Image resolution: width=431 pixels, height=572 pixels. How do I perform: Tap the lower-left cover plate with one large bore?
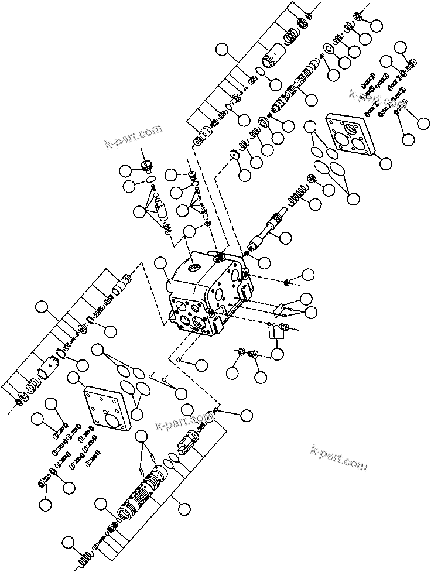(105, 409)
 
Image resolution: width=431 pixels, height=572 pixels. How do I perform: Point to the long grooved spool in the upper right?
(290, 91)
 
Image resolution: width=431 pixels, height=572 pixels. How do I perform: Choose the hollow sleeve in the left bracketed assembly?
(49, 372)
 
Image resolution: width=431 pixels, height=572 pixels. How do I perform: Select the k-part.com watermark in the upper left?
(133, 136)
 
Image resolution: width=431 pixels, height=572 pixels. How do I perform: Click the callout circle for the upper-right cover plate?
(385, 162)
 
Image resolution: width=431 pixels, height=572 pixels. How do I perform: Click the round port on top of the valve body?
(193, 271)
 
